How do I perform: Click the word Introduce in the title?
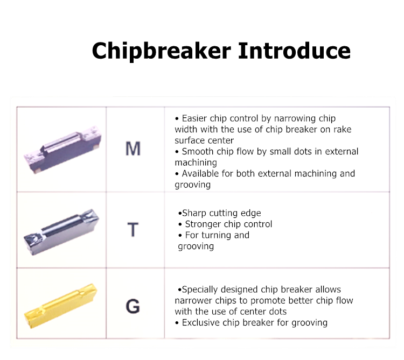pyautogui.click(x=294, y=51)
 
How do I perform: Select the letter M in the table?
pyautogui.click(x=133, y=149)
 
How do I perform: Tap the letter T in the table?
pyautogui.click(x=133, y=230)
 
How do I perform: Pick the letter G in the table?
pyautogui.click(x=133, y=306)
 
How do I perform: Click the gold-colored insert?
pyautogui.click(x=61, y=306)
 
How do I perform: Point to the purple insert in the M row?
pyautogui.click(x=62, y=150)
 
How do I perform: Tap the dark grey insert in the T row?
pyautogui.click(x=61, y=232)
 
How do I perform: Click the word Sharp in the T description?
pyautogui.click(x=194, y=213)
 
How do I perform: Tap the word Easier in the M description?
pyautogui.click(x=194, y=118)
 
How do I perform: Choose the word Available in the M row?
pyautogui.click(x=200, y=174)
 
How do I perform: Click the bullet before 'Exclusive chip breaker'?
pyautogui.click(x=177, y=323)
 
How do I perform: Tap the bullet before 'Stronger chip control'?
pyautogui.click(x=180, y=224)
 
